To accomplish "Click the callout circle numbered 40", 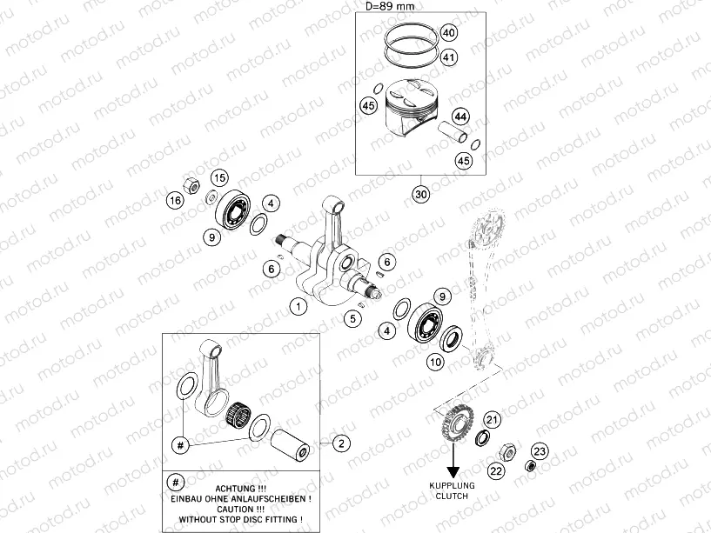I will click(x=448, y=34).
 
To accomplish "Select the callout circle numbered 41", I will click(x=448, y=58).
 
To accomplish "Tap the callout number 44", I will click(x=460, y=117).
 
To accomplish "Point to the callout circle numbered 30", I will click(x=422, y=194).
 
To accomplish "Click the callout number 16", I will click(x=176, y=201).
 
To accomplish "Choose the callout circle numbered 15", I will click(x=219, y=177).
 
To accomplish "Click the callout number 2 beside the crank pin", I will click(x=341, y=443).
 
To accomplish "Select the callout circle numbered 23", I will click(x=540, y=450).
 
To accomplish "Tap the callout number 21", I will click(x=493, y=421).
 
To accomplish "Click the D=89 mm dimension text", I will click(x=389, y=7).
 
